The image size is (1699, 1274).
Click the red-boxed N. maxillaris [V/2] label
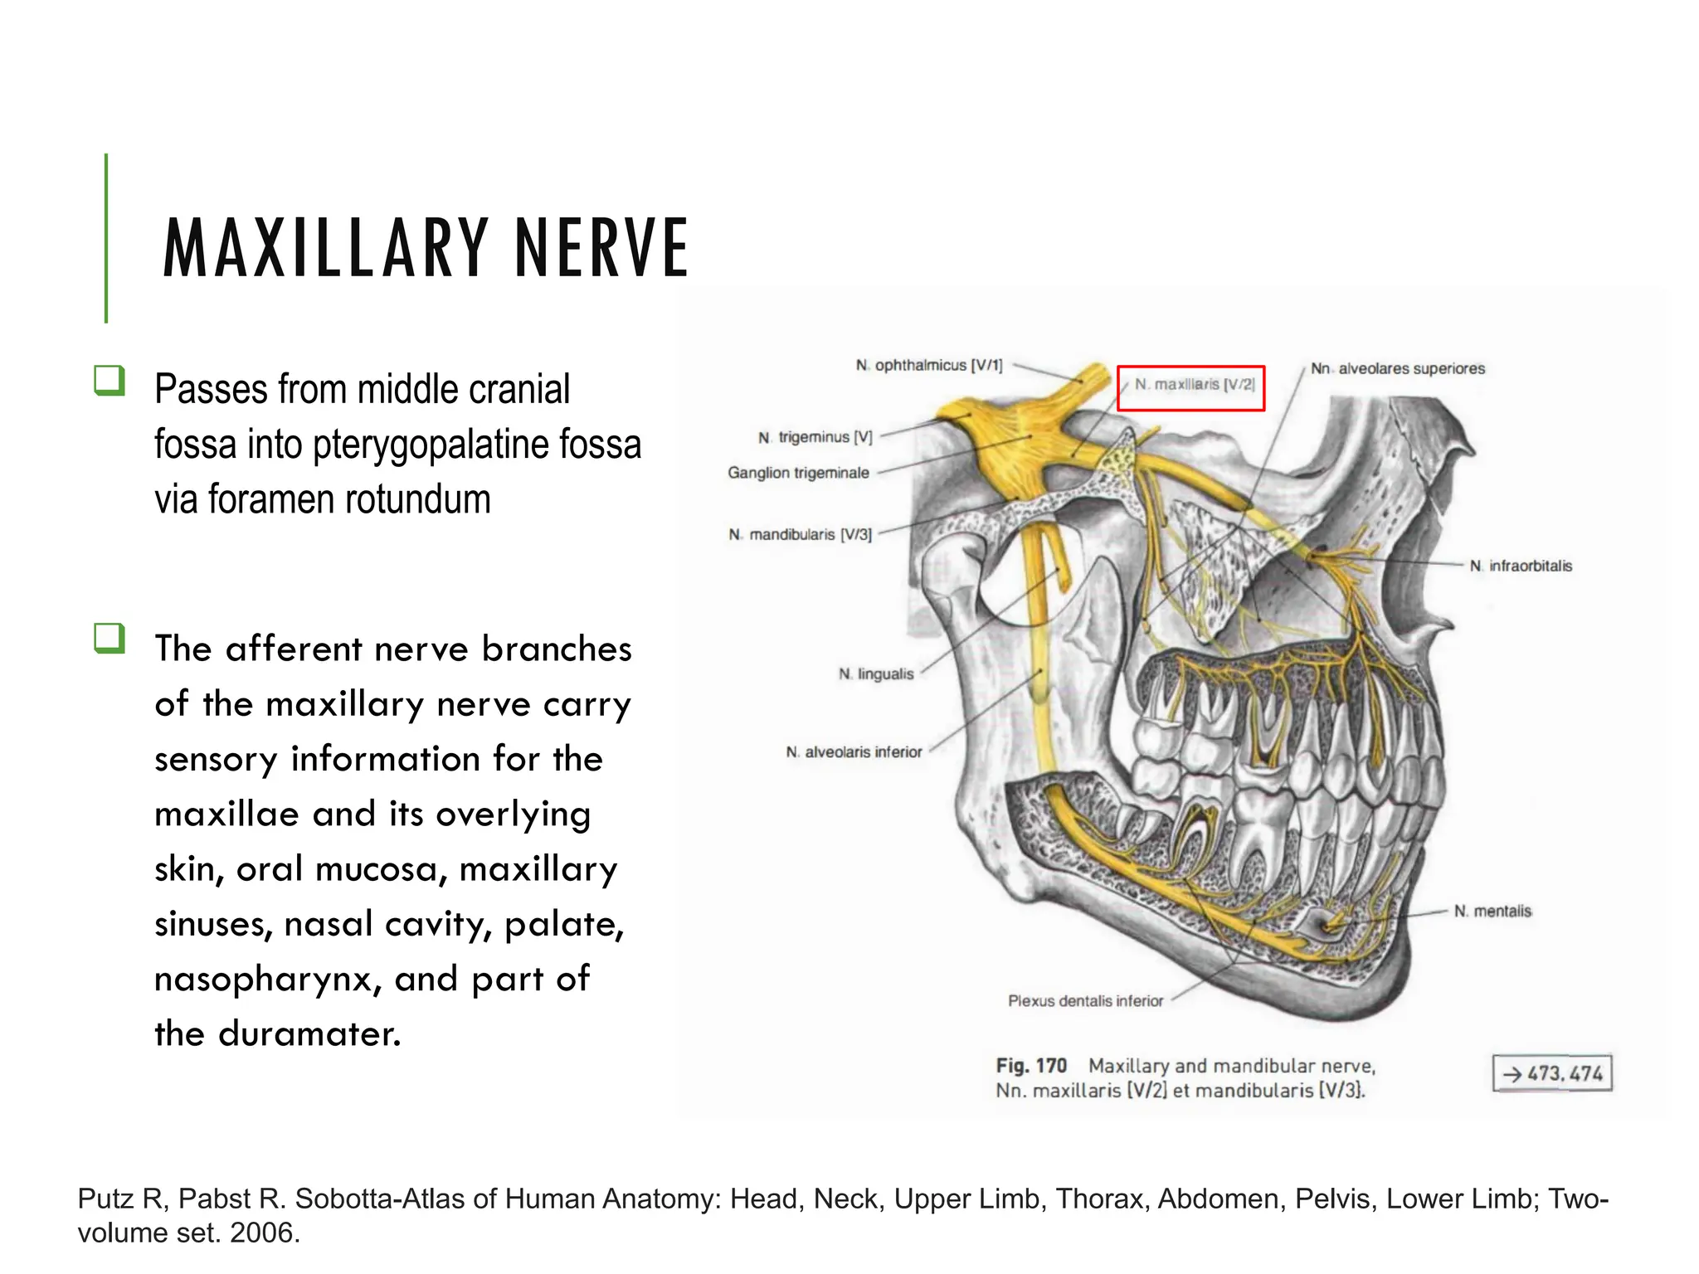tap(1192, 386)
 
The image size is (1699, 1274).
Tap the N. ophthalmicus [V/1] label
tap(929, 366)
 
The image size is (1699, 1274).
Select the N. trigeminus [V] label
tap(815, 437)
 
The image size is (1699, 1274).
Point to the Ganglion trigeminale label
tap(798, 473)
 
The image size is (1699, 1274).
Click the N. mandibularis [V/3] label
tap(801, 535)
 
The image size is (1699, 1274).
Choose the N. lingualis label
tap(876, 674)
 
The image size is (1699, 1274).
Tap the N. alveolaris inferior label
tap(854, 752)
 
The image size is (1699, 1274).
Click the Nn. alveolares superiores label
tap(1398, 369)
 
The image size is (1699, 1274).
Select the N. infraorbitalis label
tap(1521, 566)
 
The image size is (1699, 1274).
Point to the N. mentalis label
tap(1492, 912)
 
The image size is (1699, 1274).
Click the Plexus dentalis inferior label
tap(1085, 1001)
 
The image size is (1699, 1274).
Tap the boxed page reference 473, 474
tap(1552, 1073)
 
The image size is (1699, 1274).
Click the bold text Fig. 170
tap(1031, 1066)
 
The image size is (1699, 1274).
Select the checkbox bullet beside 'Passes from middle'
tap(110, 381)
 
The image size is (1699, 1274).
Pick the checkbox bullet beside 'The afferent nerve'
tap(110, 639)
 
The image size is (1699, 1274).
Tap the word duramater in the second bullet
tap(309, 1034)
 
